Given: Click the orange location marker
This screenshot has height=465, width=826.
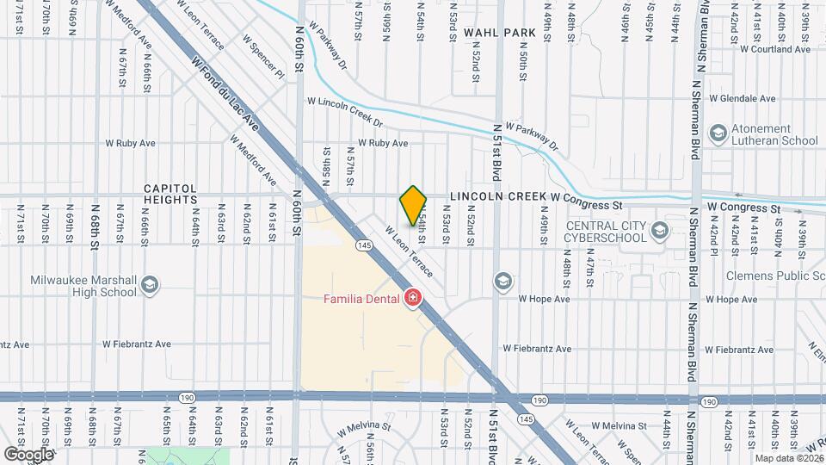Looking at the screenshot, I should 413,206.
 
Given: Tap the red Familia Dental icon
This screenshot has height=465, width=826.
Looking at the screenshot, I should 413,299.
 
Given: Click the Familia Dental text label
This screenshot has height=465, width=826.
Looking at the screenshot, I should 361,300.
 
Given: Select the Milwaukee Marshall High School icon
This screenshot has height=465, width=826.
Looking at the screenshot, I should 150,285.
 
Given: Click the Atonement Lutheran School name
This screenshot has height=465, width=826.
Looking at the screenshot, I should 774,134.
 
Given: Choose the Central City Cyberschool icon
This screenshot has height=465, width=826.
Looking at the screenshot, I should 660,231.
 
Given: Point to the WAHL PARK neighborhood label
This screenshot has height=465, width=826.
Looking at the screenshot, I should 499,33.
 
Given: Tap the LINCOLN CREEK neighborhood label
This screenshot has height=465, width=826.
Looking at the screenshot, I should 497,197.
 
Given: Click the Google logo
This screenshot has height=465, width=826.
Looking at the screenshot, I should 28,454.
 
